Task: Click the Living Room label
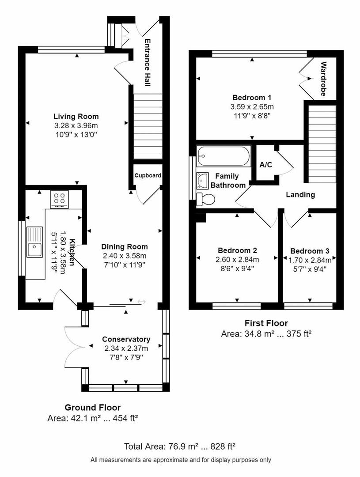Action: tap(76, 116)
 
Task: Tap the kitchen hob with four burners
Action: tap(59, 199)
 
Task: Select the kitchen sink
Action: tap(35, 242)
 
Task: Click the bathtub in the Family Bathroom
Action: tap(224, 156)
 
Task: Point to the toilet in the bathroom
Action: tap(206, 199)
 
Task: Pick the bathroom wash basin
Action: tap(202, 180)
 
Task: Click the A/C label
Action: tap(265, 165)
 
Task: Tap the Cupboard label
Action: tap(148, 175)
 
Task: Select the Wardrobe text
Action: tap(323, 79)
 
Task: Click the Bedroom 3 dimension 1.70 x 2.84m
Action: tap(310, 260)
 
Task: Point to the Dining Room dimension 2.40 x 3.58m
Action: tap(124, 256)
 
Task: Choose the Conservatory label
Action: tap(126, 339)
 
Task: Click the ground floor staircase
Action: tap(148, 126)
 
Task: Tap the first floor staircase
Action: tap(322, 144)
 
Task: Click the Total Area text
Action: tap(179, 446)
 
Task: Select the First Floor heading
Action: tap(266, 323)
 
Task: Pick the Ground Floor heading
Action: tap(92, 407)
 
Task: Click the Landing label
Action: tap(300, 195)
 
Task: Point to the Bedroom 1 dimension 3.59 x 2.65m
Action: tap(252, 107)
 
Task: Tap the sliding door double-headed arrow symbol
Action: tap(141, 302)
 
